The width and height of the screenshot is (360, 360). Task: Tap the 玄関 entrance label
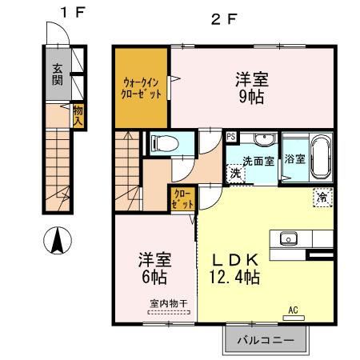[x=58, y=74]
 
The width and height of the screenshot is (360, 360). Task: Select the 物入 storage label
[x=78, y=115]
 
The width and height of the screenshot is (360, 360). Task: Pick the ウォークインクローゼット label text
[x=142, y=88]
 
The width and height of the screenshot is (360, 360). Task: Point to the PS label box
[x=230, y=137]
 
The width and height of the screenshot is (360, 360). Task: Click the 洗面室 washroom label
[x=258, y=160]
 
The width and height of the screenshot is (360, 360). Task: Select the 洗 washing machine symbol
[x=235, y=173]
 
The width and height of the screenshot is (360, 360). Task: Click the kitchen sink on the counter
[x=288, y=238]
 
